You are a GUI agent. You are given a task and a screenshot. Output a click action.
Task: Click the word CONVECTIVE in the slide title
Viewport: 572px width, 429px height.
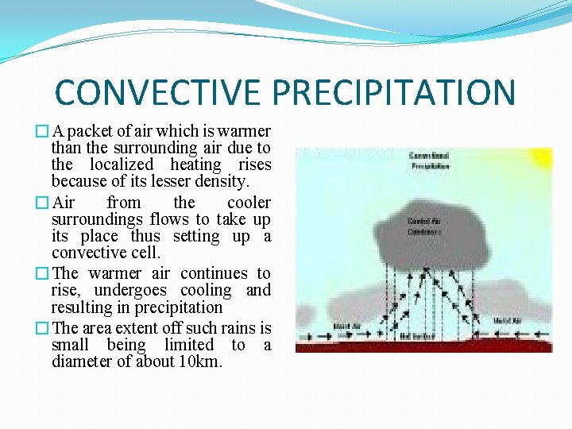159,92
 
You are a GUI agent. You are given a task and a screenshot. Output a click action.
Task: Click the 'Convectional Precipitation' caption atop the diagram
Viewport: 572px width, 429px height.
429,160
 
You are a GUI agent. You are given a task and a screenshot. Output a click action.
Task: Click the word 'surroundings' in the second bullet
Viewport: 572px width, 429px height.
97,219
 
